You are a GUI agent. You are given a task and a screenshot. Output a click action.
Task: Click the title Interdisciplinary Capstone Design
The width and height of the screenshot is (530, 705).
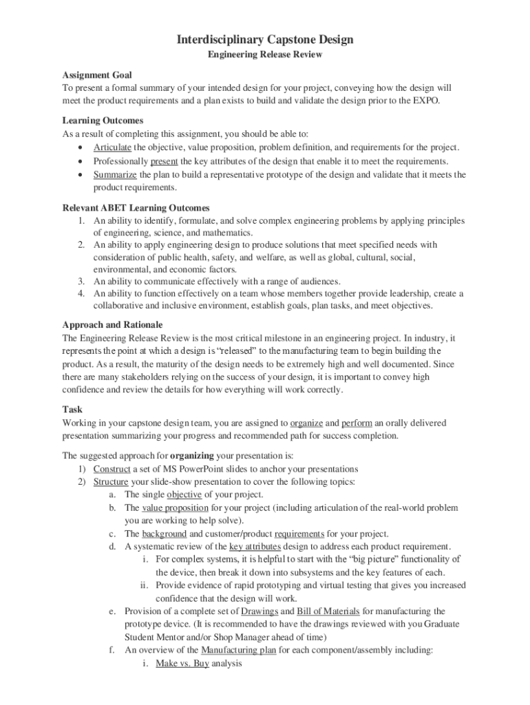click(x=265, y=39)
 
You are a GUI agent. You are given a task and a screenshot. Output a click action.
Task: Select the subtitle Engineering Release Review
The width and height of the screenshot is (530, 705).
click(x=265, y=54)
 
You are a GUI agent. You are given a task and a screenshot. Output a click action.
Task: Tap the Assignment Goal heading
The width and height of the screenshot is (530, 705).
click(x=97, y=74)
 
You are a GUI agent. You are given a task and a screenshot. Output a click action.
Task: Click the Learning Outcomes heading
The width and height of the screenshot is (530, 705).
click(x=103, y=120)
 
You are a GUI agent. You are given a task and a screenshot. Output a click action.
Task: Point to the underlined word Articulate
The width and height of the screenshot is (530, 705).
click(x=112, y=147)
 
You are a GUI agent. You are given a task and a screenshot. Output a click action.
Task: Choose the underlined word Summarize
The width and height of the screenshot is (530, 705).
click(x=114, y=174)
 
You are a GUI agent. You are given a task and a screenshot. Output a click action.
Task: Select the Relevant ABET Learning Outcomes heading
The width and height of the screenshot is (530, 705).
click(x=136, y=207)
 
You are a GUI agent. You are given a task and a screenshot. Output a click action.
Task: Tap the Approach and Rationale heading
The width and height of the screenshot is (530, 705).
click(x=112, y=324)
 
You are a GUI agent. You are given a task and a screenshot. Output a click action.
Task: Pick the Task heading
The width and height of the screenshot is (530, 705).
click(x=72, y=409)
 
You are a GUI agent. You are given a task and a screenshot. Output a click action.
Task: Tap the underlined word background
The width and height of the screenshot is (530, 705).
click(x=164, y=534)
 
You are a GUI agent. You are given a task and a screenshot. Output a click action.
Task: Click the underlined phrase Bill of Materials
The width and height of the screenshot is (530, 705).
click(x=328, y=611)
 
